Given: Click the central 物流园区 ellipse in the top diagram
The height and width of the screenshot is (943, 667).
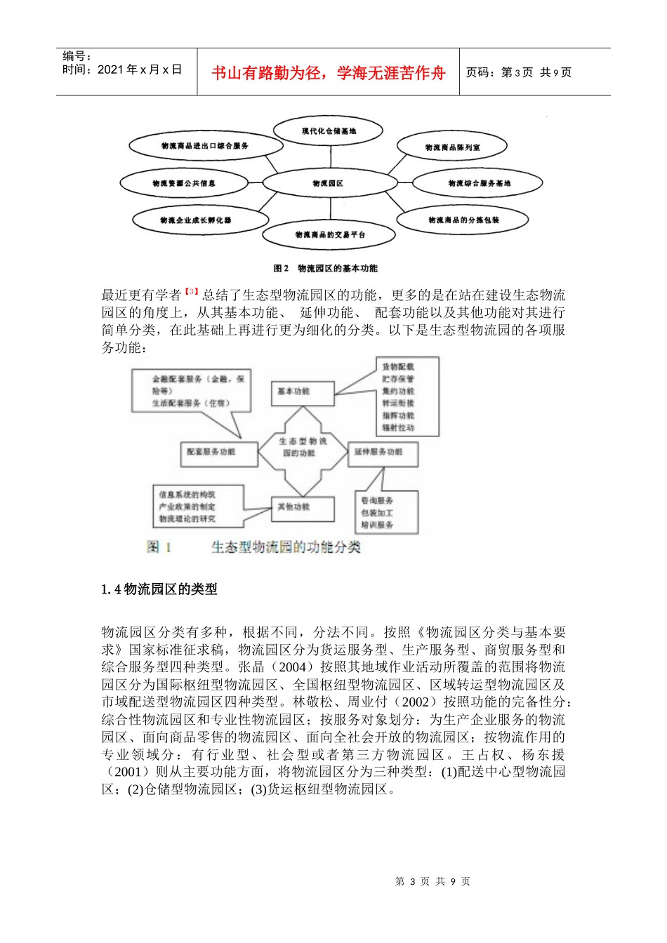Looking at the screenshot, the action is [x=328, y=183].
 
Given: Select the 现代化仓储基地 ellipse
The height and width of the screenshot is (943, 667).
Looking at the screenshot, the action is [x=328, y=131].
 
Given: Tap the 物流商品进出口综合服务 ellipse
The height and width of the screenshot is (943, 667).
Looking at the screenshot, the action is [x=205, y=146].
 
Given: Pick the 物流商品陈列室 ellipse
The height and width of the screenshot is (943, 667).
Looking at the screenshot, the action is [x=452, y=147].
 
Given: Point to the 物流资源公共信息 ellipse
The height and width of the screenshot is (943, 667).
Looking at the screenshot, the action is [x=184, y=184].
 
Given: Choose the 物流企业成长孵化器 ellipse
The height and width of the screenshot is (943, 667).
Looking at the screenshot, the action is [x=195, y=220].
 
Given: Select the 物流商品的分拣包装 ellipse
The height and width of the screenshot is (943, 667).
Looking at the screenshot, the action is [x=463, y=220].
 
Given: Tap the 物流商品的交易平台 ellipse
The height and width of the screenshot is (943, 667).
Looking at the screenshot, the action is [x=329, y=234].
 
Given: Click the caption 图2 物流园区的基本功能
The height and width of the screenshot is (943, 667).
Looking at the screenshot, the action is [x=325, y=268].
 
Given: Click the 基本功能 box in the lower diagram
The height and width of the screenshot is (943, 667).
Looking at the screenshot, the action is [x=302, y=392].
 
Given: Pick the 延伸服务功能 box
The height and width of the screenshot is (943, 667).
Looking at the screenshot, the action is [x=383, y=453].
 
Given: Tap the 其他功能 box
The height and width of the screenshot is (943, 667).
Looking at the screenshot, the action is [x=302, y=507].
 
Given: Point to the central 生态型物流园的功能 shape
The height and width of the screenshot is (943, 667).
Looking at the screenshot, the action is [x=303, y=447].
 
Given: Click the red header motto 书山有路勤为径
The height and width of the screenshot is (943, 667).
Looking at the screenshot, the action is [x=328, y=73].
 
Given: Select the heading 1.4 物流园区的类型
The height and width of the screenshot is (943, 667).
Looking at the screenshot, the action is [x=159, y=589].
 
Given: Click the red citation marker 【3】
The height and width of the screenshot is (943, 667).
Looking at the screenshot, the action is [x=192, y=292].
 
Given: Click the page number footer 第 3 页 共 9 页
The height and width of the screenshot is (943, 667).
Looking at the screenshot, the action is [x=432, y=881].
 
